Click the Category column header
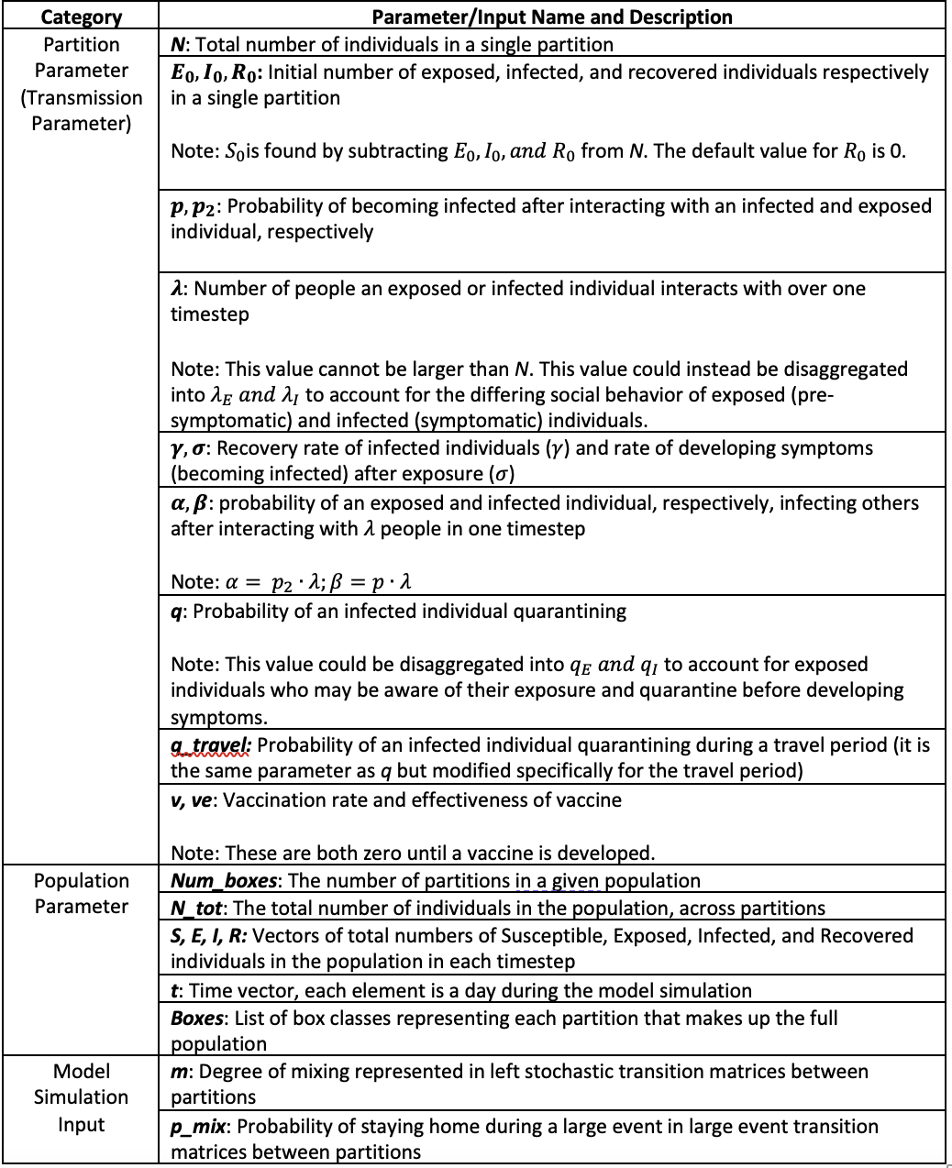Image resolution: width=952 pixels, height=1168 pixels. pyautogui.click(x=81, y=17)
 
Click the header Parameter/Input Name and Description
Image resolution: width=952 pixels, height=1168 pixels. pyautogui.click(x=552, y=17)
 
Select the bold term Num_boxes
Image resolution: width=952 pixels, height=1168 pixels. pyautogui.click(x=225, y=881)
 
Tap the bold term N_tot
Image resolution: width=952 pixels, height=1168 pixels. pyautogui.click(x=197, y=909)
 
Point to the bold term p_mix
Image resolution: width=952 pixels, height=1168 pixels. pyautogui.click(x=199, y=1127)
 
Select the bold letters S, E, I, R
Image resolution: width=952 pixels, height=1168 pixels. pyautogui.click(x=208, y=936)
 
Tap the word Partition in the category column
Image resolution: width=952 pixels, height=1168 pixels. pyautogui.click(x=81, y=44)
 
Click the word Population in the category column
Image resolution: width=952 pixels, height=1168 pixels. pyautogui.click(x=81, y=881)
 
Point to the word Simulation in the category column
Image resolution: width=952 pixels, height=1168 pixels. pyautogui.click(x=81, y=1097)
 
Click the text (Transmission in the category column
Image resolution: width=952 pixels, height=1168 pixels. pyautogui.click(x=81, y=97)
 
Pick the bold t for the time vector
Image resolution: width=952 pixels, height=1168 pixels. pyautogui.click(x=174, y=991)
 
